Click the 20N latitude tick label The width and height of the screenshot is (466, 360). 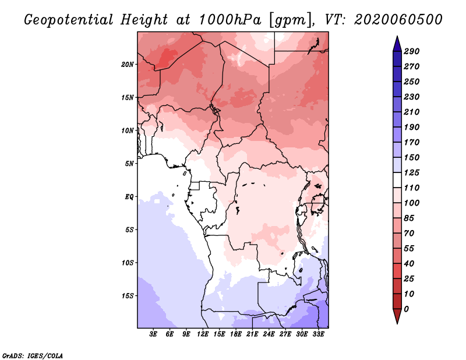pos(128,65)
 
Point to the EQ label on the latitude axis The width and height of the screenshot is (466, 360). pos(129,197)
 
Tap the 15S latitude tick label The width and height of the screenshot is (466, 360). pos(128,296)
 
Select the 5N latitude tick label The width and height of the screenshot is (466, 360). pos(129,164)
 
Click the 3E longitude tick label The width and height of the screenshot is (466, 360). pos(153,334)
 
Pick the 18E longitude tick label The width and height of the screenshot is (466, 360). pos(236,334)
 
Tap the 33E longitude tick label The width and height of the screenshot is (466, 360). pos(318,334)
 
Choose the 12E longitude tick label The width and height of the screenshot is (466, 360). pos(203,334)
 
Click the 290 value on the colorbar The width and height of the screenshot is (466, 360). pos(412,51)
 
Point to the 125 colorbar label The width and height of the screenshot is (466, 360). pos(412,172)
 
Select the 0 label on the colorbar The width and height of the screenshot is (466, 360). pos(406,309)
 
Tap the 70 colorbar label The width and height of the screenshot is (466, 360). pos(409,234)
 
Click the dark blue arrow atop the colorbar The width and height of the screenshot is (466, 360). pos(397,44)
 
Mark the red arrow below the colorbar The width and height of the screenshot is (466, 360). pos(397,316)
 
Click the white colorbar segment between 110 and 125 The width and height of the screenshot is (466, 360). pos(397,180)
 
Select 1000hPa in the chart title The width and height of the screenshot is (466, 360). pos(230,20)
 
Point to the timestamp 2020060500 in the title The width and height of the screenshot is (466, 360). pos(398,20)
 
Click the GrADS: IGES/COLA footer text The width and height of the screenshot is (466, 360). pos(33,356)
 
